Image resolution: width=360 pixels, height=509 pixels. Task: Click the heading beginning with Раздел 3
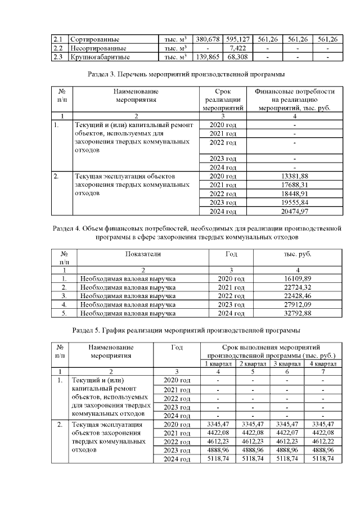pyautogui.click(x=186, y=74)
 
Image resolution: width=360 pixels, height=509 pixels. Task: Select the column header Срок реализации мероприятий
pyautogui.click(x=223, y=100)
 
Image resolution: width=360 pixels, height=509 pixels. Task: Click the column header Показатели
pyautogui.click(x=143, y=254)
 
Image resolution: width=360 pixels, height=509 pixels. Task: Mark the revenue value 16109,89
pyautogui.click(x=298, y=278)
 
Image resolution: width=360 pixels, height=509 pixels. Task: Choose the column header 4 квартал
pyautogui.click(x=323, y=363)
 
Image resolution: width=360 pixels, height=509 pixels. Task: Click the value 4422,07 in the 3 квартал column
pyautogui.click(x=287, y=433)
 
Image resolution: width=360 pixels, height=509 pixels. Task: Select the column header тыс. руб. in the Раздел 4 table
pyautogui.click(x=298, y=254)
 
